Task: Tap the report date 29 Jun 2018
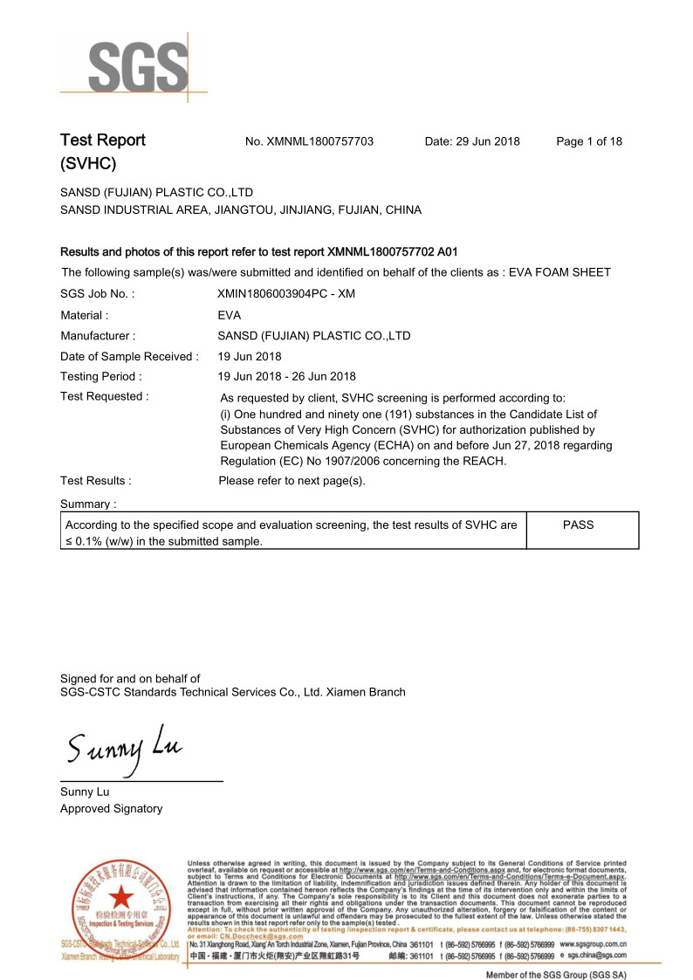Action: click(488, 141)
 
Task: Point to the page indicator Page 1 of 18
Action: click(589, 141)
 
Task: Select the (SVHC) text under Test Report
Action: click(88, 163)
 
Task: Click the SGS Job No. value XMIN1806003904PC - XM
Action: click(288, 295)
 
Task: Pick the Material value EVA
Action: click(230, 315)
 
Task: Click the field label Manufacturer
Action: click(96, 335)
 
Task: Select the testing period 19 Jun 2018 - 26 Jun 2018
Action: click(286, 376)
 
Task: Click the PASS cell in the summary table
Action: click(578, 525)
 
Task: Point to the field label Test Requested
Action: click(104, 396)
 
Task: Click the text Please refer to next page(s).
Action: click(292, 481)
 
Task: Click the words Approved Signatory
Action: click(111, 809)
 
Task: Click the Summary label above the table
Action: click(88, 504)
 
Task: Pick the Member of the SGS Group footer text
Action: click(556, 974)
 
